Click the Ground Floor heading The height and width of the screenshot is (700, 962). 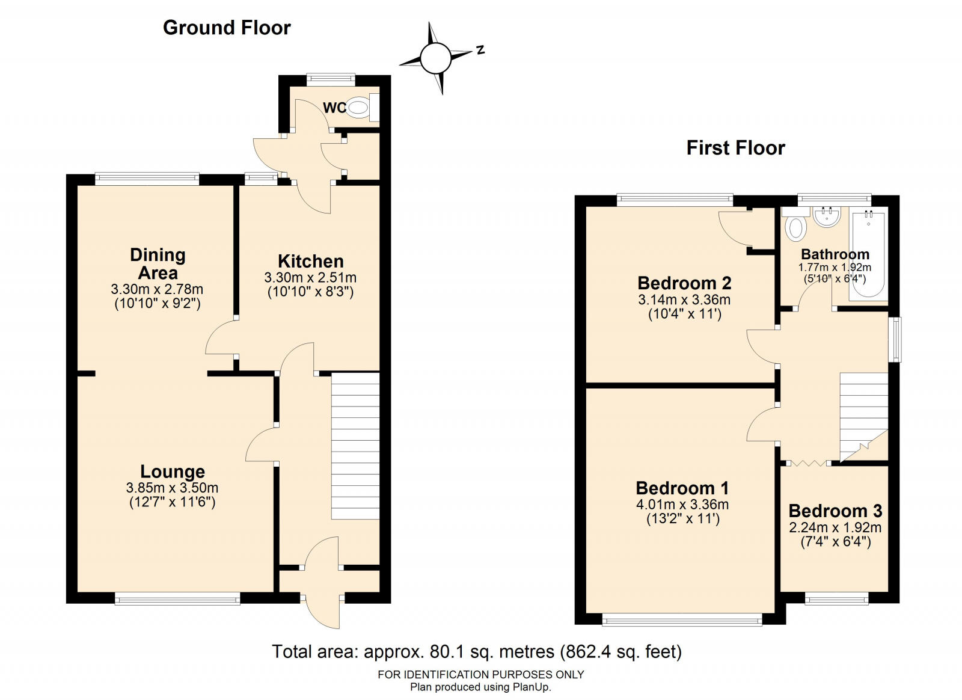pyautogui.click(x=227, y=28)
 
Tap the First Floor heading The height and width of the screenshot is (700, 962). pyautogui.click(x=736, y=148)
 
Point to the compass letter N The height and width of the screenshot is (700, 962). pyautogui.click(x=480, y=50)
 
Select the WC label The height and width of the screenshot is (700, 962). pyautogui.click(x=334, y=108)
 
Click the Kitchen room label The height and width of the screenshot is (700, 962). pyautogui.click(x=310, y=261)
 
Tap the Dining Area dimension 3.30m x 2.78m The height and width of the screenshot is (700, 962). pyautogui.click(x=157, y=289)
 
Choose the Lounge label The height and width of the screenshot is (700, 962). pyautogui.click(x=173, y=471)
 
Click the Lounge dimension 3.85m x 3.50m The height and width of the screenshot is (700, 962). pyautogui.click(x=172, y=488)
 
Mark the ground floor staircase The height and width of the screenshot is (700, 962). pyautogui.click(x=355, y=446)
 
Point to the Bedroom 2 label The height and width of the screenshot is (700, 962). pyautogui.click(x=684, y=283)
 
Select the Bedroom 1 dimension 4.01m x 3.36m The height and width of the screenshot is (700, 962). pyautogui.click(x=682, y=504)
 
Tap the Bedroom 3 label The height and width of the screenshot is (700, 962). pyautogui.click(x=835, y=511)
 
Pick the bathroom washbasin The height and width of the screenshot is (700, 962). pyautogui.click(x=827, y=217)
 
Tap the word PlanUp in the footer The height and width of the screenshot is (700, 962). pyautogui.click(x=531, y=687)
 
